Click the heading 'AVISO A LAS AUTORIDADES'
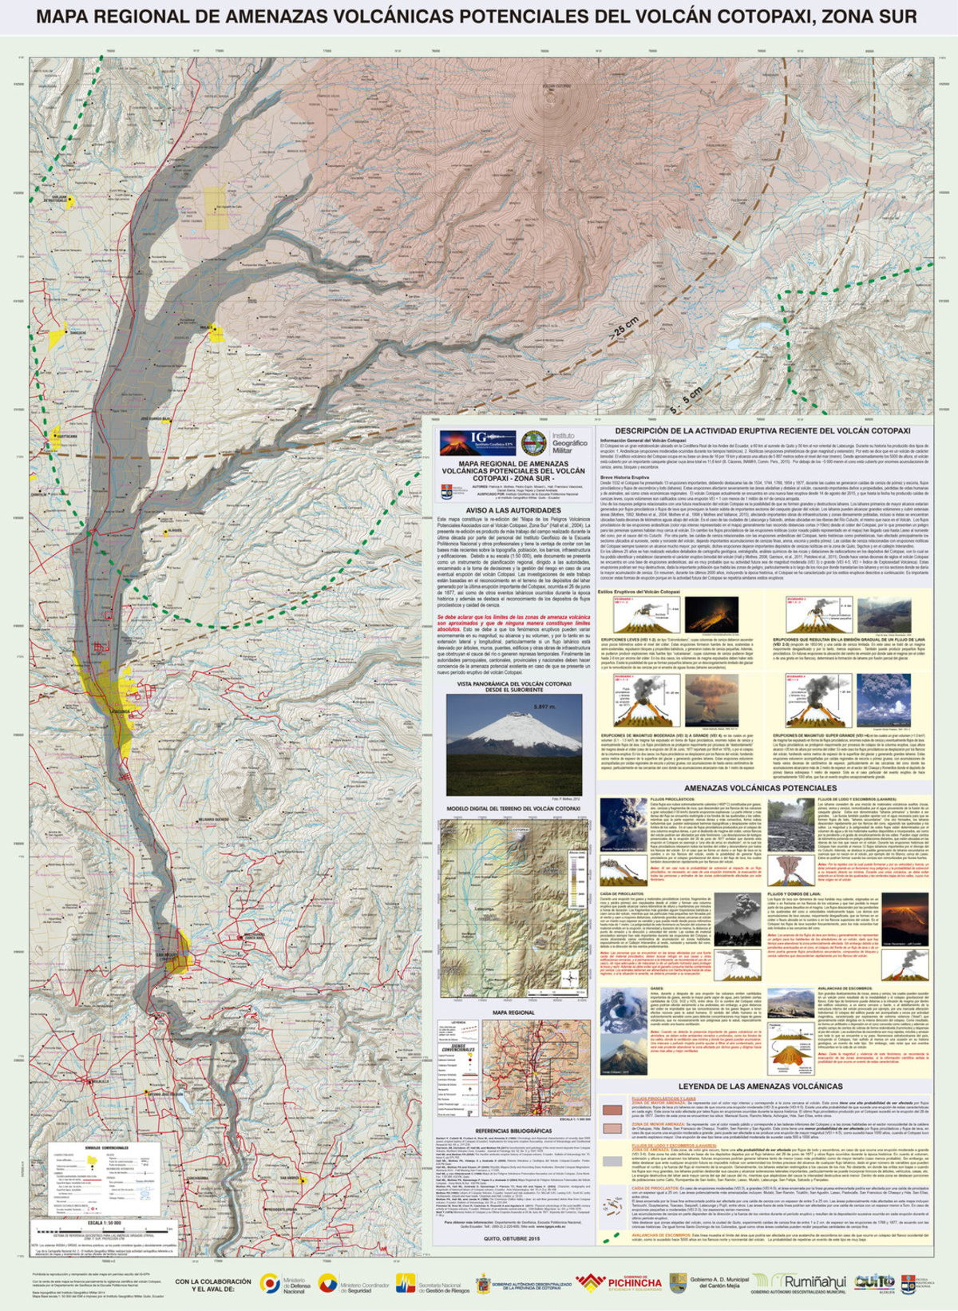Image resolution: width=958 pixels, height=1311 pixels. pos(513,510)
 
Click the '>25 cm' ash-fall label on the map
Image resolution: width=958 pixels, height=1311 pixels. pos(623,328)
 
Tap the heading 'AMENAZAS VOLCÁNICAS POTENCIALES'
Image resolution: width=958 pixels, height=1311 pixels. pos(760,788)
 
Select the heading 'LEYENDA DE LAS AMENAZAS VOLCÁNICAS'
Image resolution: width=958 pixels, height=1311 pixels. pos(760,1087)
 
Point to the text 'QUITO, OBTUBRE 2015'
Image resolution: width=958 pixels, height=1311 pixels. pos(513,1238)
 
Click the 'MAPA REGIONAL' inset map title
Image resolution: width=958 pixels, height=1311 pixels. pos(513,1013)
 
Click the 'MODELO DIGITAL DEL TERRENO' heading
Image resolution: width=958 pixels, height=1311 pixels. pos(513,809)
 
